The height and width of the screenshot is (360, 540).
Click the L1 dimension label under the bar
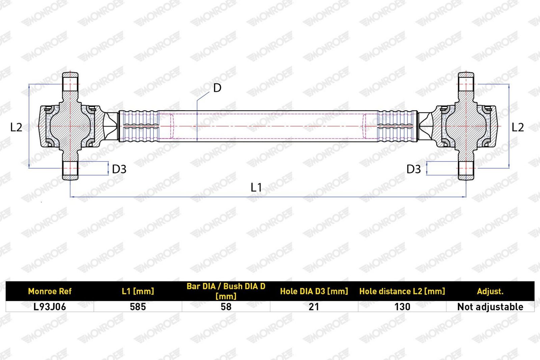(256, 187)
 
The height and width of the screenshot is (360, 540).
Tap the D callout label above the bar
(217, 88)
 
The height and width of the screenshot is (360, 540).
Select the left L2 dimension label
(16, 127)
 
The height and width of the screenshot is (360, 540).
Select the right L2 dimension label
(518, 127)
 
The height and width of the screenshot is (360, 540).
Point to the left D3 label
(119, 169)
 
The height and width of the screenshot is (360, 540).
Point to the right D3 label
(414, 169)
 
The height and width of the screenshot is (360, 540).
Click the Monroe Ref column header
(50, 291)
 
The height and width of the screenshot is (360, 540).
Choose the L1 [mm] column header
(138, 291)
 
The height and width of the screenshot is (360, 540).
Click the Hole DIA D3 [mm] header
(314, 291)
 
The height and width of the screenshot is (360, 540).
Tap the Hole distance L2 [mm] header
(402, 291)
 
